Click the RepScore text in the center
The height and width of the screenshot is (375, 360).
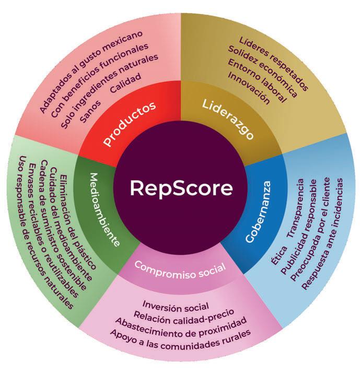pyautogui.click(x=180, y=188)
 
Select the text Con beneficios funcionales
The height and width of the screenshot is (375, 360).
pyautogui.click(x=101, y=84)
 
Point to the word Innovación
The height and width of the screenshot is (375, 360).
pyautogui.click(x=249, y=88)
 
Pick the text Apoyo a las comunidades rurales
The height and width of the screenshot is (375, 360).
pyautogui.click(x=180, y=333)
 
